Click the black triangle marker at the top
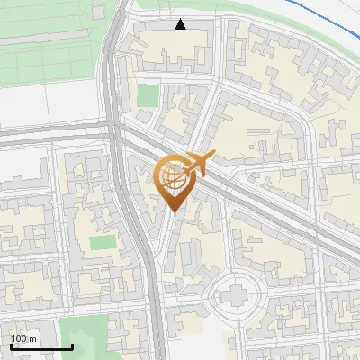[x=181, y=24]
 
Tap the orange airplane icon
[x=195, y=166]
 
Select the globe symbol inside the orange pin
[x=174, y=177]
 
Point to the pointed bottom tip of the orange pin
[x=174, y=211]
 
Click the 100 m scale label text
[x=23, y=337]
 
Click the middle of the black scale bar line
[x=41, y=346]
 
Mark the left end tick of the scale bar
[x=11, y=346]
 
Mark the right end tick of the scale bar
[x=72, y=346]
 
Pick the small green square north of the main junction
[x=148, y=95]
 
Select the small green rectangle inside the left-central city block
[x=103, y=242]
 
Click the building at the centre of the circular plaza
[x=235, y=293]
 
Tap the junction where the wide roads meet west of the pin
[x=118, y=135]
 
